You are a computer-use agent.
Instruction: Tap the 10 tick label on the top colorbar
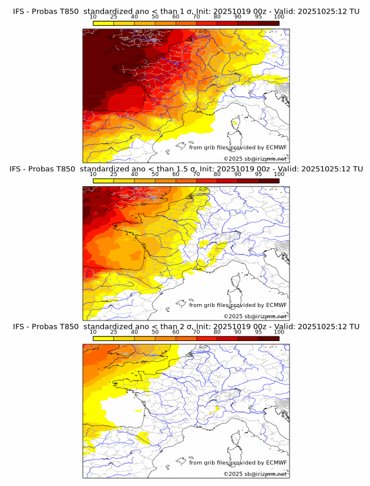pos(93,17)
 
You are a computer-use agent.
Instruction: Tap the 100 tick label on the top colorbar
pos(279,17)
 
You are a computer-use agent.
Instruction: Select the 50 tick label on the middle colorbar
pos(155,174)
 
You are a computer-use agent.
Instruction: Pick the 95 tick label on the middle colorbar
pos(258,174)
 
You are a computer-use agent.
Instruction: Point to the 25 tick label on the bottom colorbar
pos(114,332)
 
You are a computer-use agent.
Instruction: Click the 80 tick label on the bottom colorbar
pos(217,332)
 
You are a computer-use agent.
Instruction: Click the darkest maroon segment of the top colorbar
pos(268,23)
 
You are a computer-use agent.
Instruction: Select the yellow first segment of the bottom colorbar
pos(103,338)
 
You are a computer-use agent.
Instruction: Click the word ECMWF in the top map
pos(277,147)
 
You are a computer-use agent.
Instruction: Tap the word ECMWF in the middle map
pos(277,305)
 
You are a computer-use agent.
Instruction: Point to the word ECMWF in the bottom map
pos(277,463)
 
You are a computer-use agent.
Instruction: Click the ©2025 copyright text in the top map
pos(233,159)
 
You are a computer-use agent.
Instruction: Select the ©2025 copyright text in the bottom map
pos(233,474)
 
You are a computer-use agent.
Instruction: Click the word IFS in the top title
pos(19,11)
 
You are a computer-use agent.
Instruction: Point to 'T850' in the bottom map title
pos(68,326)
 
